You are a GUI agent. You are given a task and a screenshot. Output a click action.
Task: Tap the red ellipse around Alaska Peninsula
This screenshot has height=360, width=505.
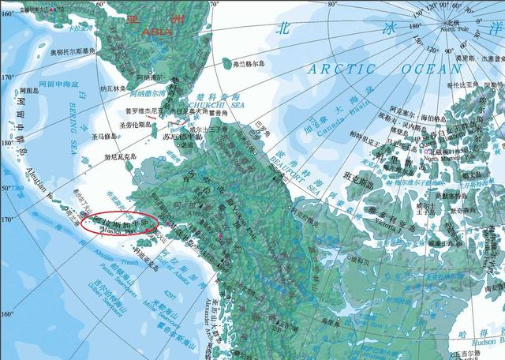[x=118, y=223]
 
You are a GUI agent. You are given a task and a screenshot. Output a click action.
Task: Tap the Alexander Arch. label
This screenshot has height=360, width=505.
[x=213, y=313]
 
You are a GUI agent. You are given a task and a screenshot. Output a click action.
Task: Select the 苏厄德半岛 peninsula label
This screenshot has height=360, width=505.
[x=182, y=137]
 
